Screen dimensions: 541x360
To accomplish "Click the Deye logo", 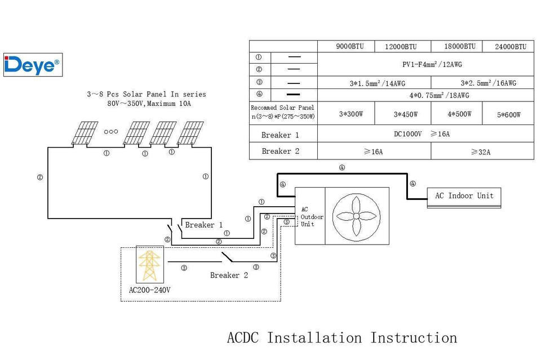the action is (x=33, y=65).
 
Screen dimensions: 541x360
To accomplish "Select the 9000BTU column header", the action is (x=349, y=46).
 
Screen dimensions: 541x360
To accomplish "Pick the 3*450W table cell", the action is (x=405, y=114).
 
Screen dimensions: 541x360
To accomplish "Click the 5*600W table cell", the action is (x=508, y=114).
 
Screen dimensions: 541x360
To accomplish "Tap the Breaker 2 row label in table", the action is (x=280, y=151).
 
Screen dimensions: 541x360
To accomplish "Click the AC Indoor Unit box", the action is (x=464, y=198).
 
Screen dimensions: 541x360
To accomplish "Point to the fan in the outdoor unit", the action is (x=356, y=216).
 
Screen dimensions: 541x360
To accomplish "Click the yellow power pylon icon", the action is (x=149, y=265).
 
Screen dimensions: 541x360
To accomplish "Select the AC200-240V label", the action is (x=149, y=290).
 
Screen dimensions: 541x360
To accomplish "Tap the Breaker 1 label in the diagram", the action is (x=203, y=225).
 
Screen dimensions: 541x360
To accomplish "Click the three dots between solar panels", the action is (x=111, y=131).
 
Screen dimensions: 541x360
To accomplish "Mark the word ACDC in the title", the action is (x=242, y=337).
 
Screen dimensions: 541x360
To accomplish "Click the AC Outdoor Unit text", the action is (x=312, y=216).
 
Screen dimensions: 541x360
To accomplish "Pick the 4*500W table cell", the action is (x=459, y=114).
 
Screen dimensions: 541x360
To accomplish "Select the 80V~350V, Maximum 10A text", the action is (x=149, y=104).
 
